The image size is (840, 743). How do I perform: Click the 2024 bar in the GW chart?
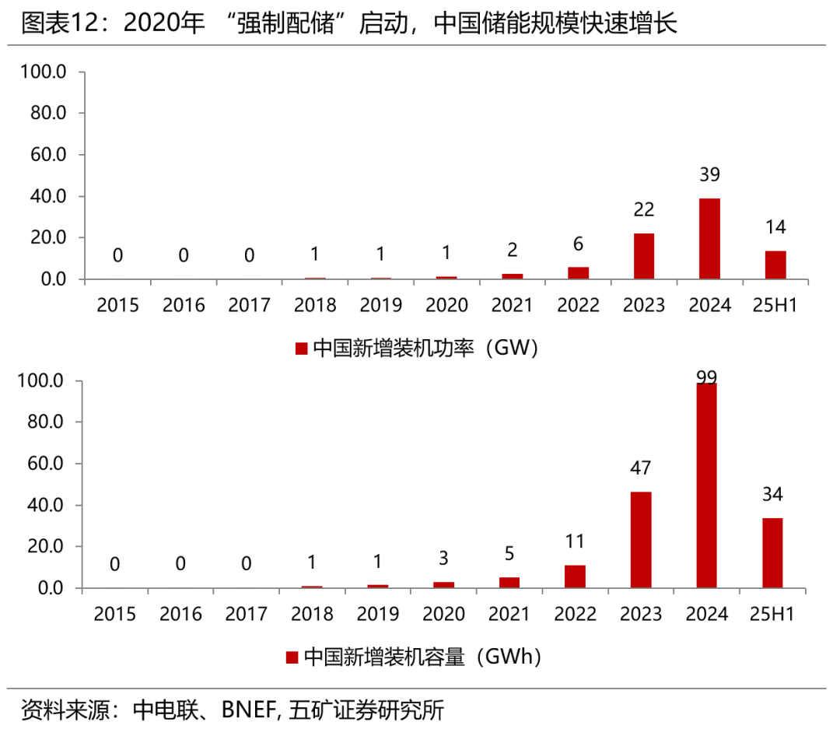[709, 238]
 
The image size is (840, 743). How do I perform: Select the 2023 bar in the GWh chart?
[641, 540]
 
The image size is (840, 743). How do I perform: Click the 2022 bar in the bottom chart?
[575, 577]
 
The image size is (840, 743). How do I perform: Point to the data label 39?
[709, 175]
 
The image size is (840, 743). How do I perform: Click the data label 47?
[641, 468]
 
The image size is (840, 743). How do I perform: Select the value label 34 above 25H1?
[772, 494]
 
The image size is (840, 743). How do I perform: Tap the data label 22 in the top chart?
[643, 209]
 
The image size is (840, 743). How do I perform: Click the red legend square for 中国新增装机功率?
[302, 348]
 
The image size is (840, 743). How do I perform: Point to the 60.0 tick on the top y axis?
[44, 155]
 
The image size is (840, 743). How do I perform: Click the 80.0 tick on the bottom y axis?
[44, 422]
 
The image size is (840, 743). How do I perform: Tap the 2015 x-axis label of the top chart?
[117, 305]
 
